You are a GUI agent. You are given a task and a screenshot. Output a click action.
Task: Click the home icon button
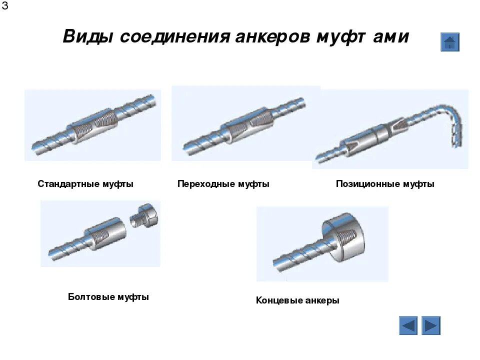click(x=449, y=42)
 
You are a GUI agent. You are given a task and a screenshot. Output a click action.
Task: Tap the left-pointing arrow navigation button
click(x=408, y=325)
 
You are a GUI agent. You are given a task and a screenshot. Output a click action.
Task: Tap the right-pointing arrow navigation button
click(x=430, y=325)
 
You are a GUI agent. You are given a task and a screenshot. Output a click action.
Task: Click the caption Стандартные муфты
click(x=85, y=184)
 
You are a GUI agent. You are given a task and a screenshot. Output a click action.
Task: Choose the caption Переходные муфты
click(x=223, y=184)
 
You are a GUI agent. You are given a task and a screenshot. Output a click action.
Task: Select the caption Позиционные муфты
click(x=385, y=184)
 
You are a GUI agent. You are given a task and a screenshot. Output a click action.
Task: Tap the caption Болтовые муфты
click(x=108, y=297)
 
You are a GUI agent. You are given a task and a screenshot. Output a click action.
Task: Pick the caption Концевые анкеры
click(x=297, y=300)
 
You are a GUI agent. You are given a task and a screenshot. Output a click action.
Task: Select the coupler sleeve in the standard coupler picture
click(x=93, y=126)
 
